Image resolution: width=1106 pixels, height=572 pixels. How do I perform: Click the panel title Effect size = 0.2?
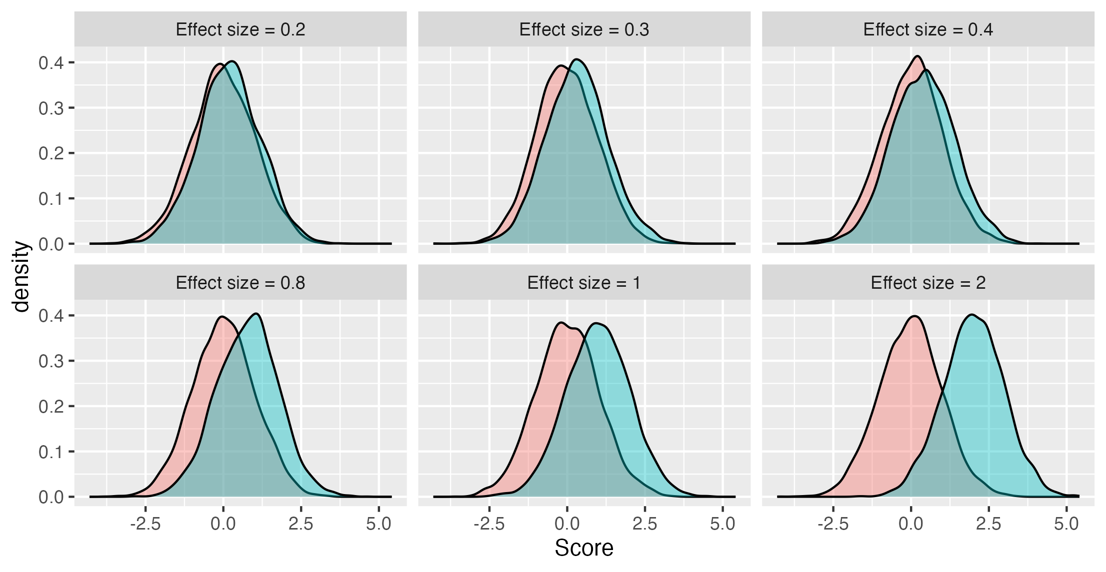pyautogui.click(x=240, y=29)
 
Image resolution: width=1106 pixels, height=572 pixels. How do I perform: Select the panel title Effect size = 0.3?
pyautogui.click(x=584, y=29)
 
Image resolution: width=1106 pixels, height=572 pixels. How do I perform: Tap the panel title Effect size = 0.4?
pyautogui.click(x=928, y=29)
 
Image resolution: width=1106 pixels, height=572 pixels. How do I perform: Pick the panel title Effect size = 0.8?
pyautogui.click(x=240, y=283)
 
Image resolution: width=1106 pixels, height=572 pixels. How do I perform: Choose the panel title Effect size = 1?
pyautogui.click(x=584, y=283)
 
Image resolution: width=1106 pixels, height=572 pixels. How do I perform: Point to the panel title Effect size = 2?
pyautogui.click(x=928, y=283)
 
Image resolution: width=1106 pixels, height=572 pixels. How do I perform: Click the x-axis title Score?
pyautogui.click(x=584, y=548)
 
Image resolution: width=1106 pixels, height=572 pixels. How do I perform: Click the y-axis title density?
pyautogui.click(x=21, y=276)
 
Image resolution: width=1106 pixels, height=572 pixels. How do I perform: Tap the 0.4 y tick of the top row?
pyautogui.click(x=51, y=63)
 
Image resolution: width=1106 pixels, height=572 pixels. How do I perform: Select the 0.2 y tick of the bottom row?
pyautogui.click(x=51, y=407)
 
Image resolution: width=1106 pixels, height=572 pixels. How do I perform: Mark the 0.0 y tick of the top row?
pyautogui.click(x=51, y=244)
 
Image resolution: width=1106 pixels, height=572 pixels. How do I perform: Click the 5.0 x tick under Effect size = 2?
pyautogui.click(x=1066, y=524)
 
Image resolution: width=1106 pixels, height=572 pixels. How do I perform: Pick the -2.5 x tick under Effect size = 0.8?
pyautogui.click(x=145, y=524)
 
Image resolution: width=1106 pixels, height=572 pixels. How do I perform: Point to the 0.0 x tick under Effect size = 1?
pyautogui.click(x=567, y=524)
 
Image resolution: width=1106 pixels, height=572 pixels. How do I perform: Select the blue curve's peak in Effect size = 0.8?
pyautogui.click(x=256, y=314)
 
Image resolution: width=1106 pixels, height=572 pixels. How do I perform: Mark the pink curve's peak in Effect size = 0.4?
pyautogui.click(x=917, y=56)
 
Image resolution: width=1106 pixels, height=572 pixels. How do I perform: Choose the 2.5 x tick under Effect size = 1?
pyautogui.click(x=644, y=524)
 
